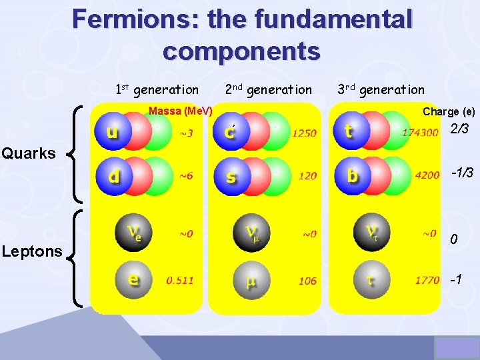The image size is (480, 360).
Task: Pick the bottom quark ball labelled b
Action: click(x=352, y=176)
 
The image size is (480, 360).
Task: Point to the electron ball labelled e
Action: click(x=133, y=280)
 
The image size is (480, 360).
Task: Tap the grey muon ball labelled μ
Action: click(x=251, y=281)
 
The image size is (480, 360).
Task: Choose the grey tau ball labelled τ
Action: click(x=370, y=280)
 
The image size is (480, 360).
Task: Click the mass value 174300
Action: click(x=420, y=133)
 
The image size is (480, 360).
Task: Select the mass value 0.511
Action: click(x=180, y=281)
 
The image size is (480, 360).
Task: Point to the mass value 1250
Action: click(x=304, y=133)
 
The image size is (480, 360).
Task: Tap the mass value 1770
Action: click(x=427, y=281)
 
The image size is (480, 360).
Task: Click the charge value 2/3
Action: click(x=459, y=129)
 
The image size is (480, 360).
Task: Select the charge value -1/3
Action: click(x=461, y=173)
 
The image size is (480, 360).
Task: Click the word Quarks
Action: click(x=29, y=153)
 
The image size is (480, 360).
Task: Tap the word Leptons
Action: click(x=31, y=251)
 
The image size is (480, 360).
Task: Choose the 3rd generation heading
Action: click(x=381, y=89)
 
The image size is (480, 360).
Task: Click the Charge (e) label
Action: click(x=449, y=112)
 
